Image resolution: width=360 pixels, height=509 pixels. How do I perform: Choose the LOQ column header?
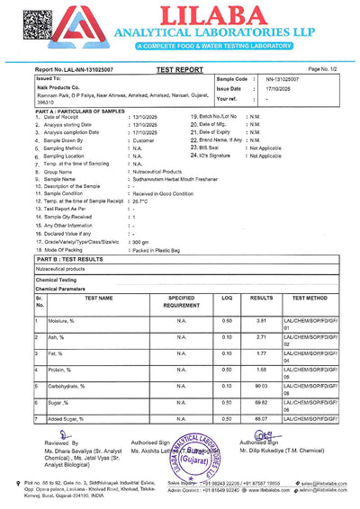click(x=227, y=297)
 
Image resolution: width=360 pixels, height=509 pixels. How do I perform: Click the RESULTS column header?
click(x=261, y=297)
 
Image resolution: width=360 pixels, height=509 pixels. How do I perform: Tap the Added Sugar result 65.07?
click(x=261, y=418)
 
